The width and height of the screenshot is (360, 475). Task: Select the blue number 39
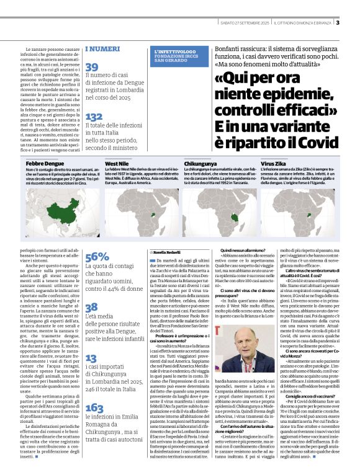coord(92,67)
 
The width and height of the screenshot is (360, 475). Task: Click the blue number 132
coord(94,117)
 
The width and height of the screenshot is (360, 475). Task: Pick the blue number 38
coord(91,307)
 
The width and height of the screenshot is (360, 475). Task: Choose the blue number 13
coord(91,358)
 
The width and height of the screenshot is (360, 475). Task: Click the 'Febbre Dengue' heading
coord(45,162)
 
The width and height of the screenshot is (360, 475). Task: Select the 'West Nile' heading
coord(117,162)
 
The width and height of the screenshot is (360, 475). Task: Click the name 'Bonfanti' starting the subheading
coord(231,49)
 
